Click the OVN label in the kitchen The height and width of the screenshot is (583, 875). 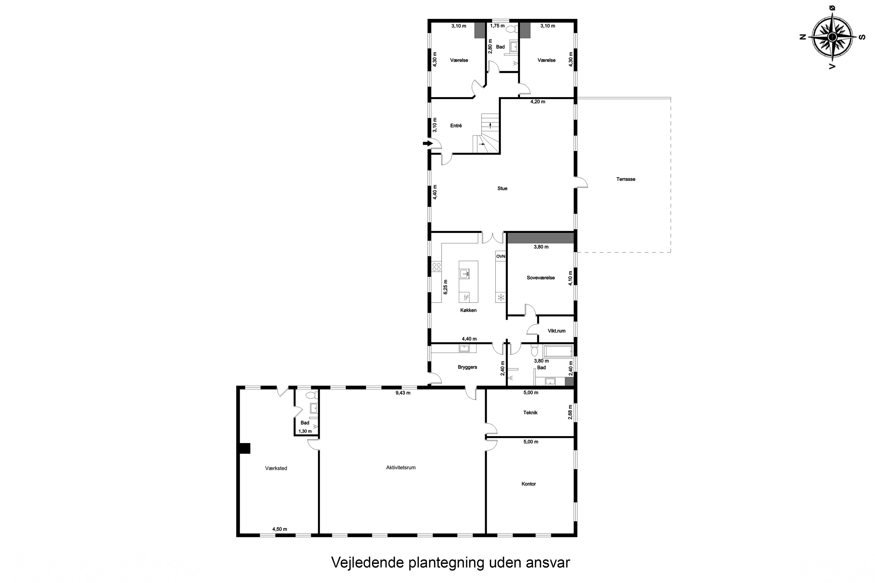pyautogui.click(x=501, y=257)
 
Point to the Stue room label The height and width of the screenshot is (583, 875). pyautogui.click(x=502, y=189)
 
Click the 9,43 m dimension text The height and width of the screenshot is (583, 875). pyautogui.click(x=403, y=393)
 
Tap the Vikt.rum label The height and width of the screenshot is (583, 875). pyautogui.click(x=556, y=331)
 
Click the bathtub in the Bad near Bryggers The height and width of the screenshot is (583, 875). pyautogui.click(x=558, y=351)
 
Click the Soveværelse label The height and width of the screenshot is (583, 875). pyautogui.click(x=540, y=278)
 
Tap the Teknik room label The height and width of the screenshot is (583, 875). pyautogui.click(x=530, y=413)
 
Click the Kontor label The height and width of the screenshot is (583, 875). pyautogui.click(x=528, y=484)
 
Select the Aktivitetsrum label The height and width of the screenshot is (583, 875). pyautogui.click(x=401, y=468)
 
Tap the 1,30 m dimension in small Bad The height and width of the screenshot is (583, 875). pyautogui.click(x=305, y=431)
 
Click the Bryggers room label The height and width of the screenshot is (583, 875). pyautogui.click(x=467, y=367)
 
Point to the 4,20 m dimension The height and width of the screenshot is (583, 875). pyautogui.click(x=538, y=101)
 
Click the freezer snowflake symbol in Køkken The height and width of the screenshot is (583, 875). pyautogui.click(x=501, y=297)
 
